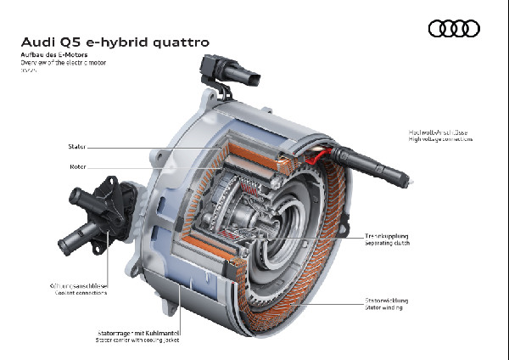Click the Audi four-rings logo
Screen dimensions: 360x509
[x=454, y=29]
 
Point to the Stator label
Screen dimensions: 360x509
[x=77, y=147]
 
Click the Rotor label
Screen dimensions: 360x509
[x=77, y=167]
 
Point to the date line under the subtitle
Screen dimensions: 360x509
[x=28, y=70]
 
